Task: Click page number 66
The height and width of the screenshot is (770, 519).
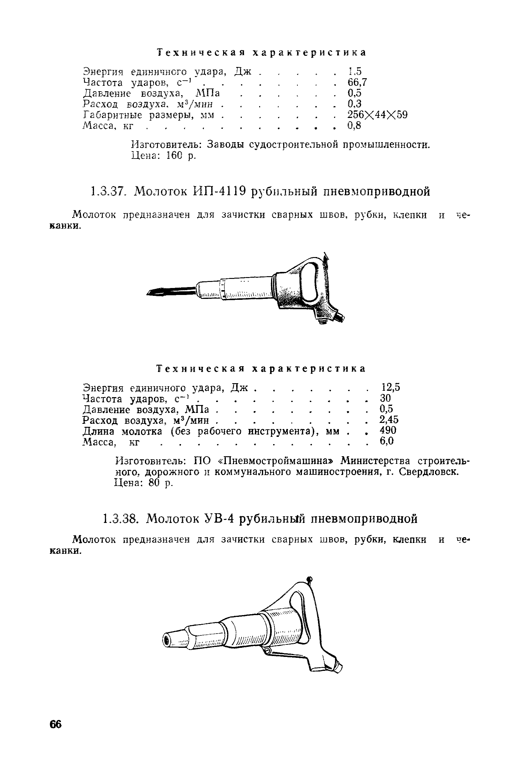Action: [x=55, y=724]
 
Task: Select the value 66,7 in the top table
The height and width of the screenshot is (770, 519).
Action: [x=357, y=82]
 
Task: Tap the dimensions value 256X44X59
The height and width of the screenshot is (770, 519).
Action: [x=377, y=115]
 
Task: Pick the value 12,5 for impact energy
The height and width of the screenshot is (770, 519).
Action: [x=390, y=387]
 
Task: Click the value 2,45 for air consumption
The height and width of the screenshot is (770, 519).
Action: [x=389, y=420]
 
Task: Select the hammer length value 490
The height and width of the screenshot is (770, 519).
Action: [x=388, y=430]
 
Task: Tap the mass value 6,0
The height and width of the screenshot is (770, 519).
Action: [x=387, y=441]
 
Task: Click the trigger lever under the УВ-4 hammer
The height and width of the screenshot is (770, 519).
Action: [x=288, y=654]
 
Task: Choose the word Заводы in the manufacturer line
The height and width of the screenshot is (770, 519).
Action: [x=226, y=145]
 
